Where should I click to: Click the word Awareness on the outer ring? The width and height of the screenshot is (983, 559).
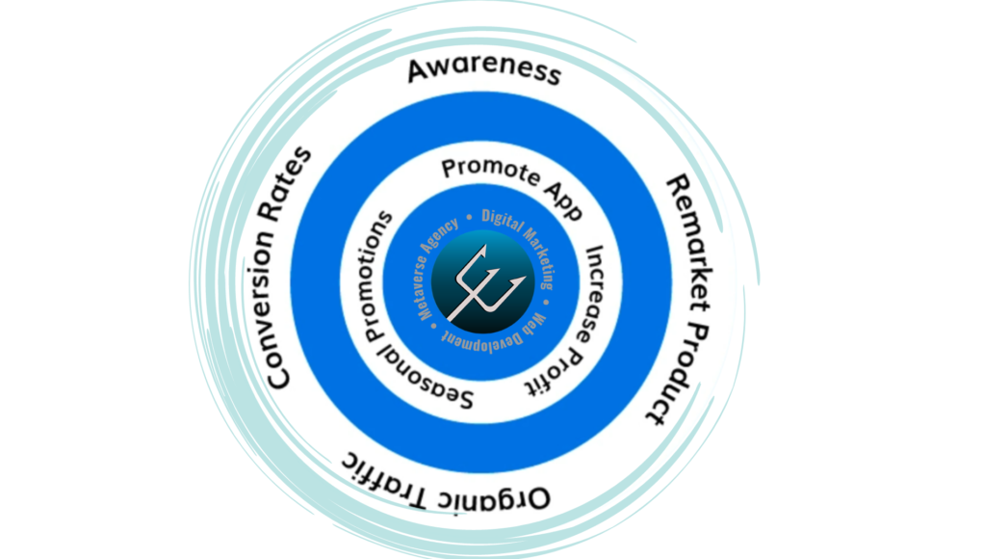click(x=484, y=70)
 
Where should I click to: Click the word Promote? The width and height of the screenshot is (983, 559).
click(x=490, y=172)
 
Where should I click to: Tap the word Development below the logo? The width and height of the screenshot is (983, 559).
click(x=481, y=339)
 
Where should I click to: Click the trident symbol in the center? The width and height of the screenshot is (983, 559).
click(x=486, y=283)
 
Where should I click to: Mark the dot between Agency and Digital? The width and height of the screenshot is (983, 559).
click(x=470, y=217)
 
